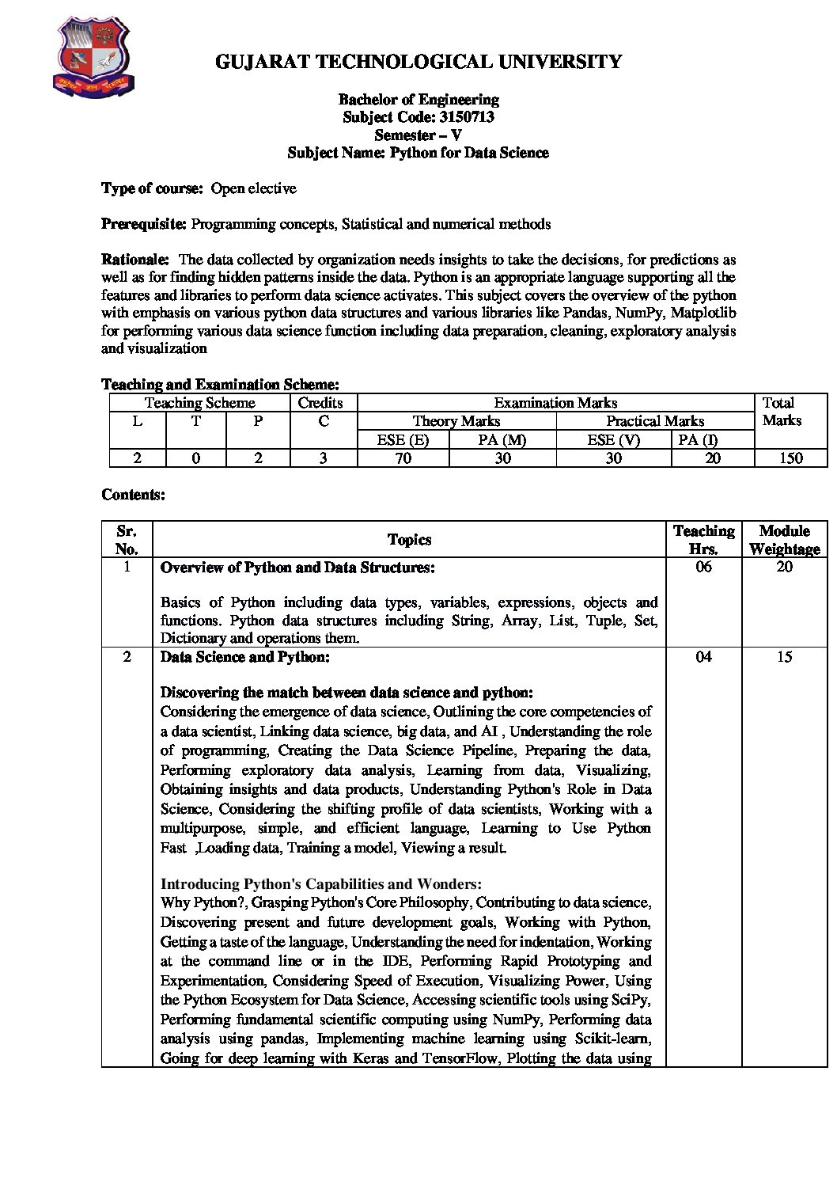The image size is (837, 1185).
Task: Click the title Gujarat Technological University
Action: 418,62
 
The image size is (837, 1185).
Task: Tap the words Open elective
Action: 253,188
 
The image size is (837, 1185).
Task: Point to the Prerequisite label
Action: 144,224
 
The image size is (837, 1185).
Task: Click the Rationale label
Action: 135,260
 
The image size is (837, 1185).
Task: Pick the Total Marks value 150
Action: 790,458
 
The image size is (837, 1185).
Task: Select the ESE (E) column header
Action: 403,440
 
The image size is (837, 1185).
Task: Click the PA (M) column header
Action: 502,440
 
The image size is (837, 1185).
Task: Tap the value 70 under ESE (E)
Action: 403,458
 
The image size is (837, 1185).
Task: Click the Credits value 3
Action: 323,458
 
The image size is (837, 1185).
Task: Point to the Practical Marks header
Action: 655,421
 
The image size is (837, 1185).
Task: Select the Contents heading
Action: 133,495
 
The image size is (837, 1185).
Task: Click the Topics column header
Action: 409,540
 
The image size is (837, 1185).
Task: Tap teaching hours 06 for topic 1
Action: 703,567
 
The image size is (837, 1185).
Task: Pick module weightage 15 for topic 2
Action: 784,656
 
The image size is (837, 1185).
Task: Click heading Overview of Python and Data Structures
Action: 297,568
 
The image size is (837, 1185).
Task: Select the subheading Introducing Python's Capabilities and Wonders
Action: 320,884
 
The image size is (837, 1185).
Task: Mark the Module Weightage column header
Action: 784,540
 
